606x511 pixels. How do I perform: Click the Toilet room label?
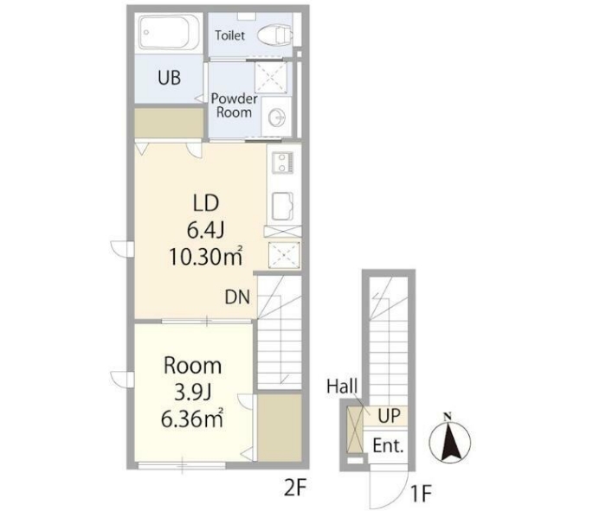click(x=230, y=35)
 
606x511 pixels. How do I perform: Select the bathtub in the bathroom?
click(x=169, y=32)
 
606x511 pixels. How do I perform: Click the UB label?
click(x=170, y=78)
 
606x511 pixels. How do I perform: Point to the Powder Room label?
click(x=235, y=105)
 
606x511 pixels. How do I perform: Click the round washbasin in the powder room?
click(x=277, y=116)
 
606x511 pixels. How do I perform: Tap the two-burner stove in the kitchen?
click(x=283, y=162)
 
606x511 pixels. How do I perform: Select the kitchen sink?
click(x=282, y=206)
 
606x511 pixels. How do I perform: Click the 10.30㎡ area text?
click(x=206, y=256)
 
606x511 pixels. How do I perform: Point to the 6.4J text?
click(x=206, y=230)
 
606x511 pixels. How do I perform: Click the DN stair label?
click(x=237, y=297)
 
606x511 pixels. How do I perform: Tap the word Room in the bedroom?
click(x=193, y=366)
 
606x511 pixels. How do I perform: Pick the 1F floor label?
click(x=421, y=493)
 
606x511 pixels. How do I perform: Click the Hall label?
click(x=342, y=386)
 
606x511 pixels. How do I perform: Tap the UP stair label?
click(x=390, y=416)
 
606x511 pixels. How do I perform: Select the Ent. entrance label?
click(x=388, y=446)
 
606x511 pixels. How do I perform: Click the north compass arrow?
click(x=450, y=440)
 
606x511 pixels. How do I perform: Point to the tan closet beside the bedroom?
click(x=280, y=427)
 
